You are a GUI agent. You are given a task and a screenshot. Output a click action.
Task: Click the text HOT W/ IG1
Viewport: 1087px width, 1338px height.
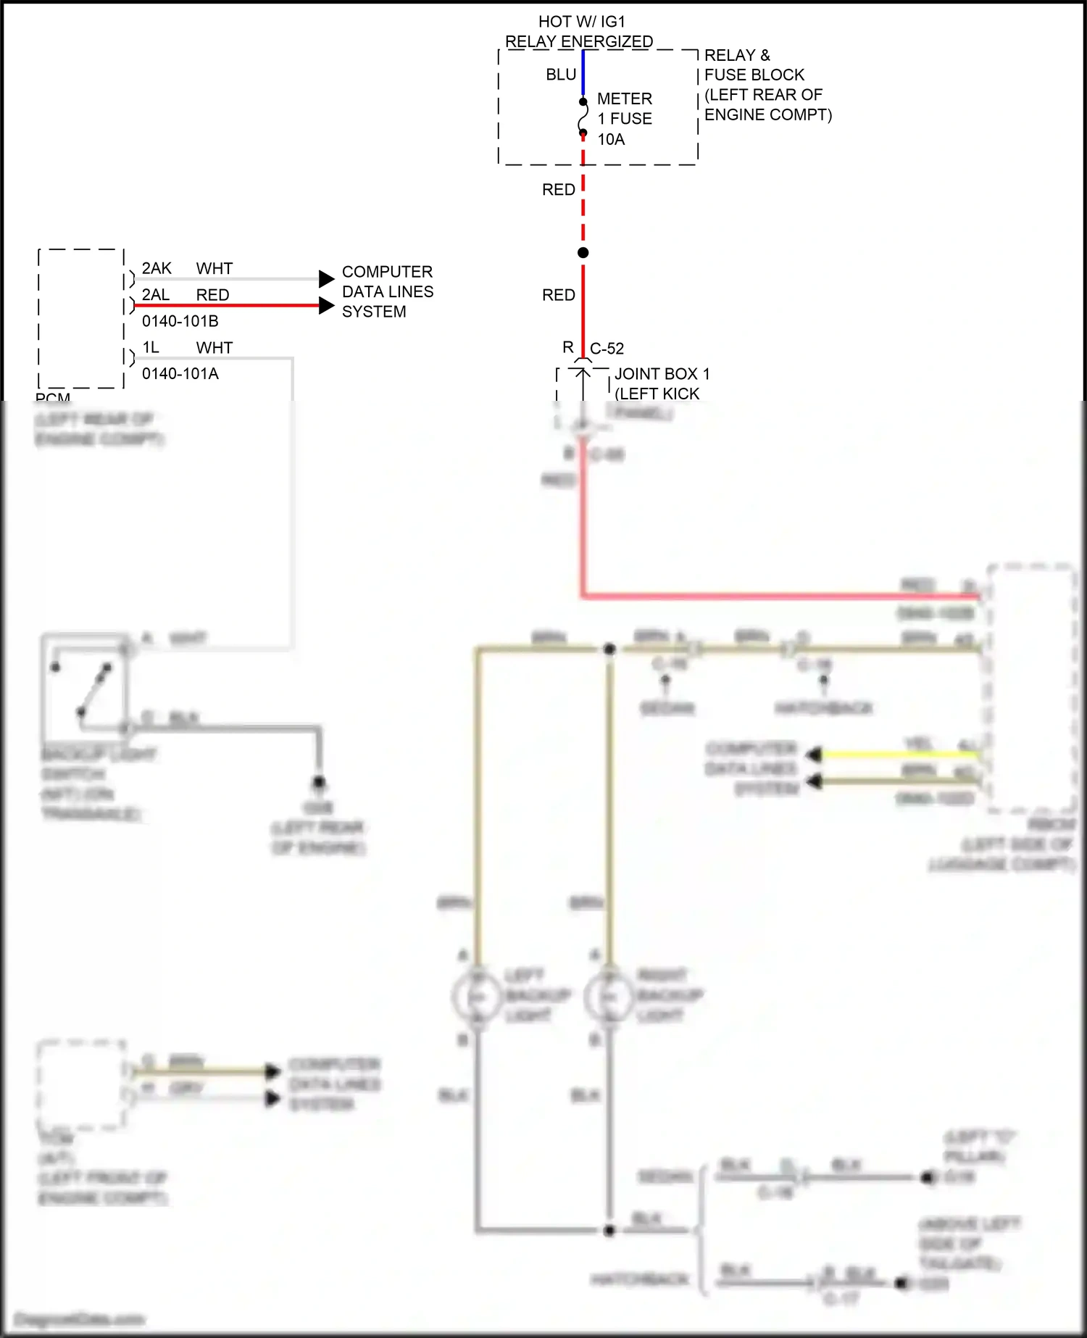pos(581,22)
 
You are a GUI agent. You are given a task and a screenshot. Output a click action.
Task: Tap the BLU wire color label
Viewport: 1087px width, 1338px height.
pos(561,75)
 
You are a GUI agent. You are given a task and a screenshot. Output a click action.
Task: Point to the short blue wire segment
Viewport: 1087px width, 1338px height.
pos(583,72)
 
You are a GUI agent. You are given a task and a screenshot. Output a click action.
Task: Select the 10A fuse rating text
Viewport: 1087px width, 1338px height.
pos(611,139)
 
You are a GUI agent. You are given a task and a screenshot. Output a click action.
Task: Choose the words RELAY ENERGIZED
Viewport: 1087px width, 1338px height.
pos(579,42)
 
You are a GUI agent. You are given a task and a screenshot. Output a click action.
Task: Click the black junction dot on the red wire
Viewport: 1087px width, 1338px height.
pos(583,253)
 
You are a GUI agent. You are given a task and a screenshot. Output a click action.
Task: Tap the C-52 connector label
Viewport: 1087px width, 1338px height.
pos(607,349)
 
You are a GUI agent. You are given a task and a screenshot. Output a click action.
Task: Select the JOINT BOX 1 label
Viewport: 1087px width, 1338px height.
pos(662,374)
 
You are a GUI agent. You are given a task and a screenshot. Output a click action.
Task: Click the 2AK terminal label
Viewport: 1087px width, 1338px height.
pos(157,269)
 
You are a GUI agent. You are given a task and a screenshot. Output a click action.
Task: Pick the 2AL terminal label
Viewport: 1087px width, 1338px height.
pos(156,295)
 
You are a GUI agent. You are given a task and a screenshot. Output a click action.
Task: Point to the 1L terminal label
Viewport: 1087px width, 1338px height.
pos(151,348)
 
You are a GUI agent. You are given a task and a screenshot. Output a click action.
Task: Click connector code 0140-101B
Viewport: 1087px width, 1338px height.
pos(180,321)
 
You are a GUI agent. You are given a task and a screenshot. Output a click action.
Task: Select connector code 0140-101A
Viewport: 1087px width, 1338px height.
pos(180,374)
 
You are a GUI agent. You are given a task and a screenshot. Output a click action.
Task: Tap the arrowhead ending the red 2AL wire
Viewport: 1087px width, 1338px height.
pos(327,305)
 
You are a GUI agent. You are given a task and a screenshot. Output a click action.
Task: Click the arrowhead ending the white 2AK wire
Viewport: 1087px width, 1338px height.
pos(327,278)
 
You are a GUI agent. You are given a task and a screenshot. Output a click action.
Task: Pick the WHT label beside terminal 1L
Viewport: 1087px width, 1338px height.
pos(215,348)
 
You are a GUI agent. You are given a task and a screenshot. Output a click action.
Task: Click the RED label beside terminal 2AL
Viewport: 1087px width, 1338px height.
pos(212,295)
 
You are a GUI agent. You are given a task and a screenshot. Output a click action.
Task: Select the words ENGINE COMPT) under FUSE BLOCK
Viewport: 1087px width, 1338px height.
pos(768,115)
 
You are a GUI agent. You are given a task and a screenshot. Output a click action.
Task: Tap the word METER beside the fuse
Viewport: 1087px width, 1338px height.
pos(624,99)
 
